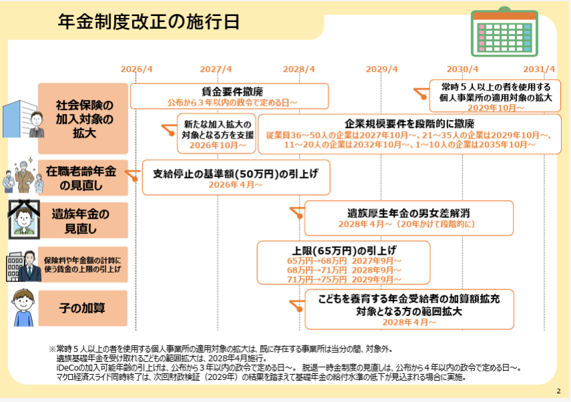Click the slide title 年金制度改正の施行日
(149, 21)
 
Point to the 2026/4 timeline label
(137, 69)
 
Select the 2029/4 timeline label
(382, 69)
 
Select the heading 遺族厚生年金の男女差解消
(409, 213)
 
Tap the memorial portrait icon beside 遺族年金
(21, 218)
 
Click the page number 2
(558, 391)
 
